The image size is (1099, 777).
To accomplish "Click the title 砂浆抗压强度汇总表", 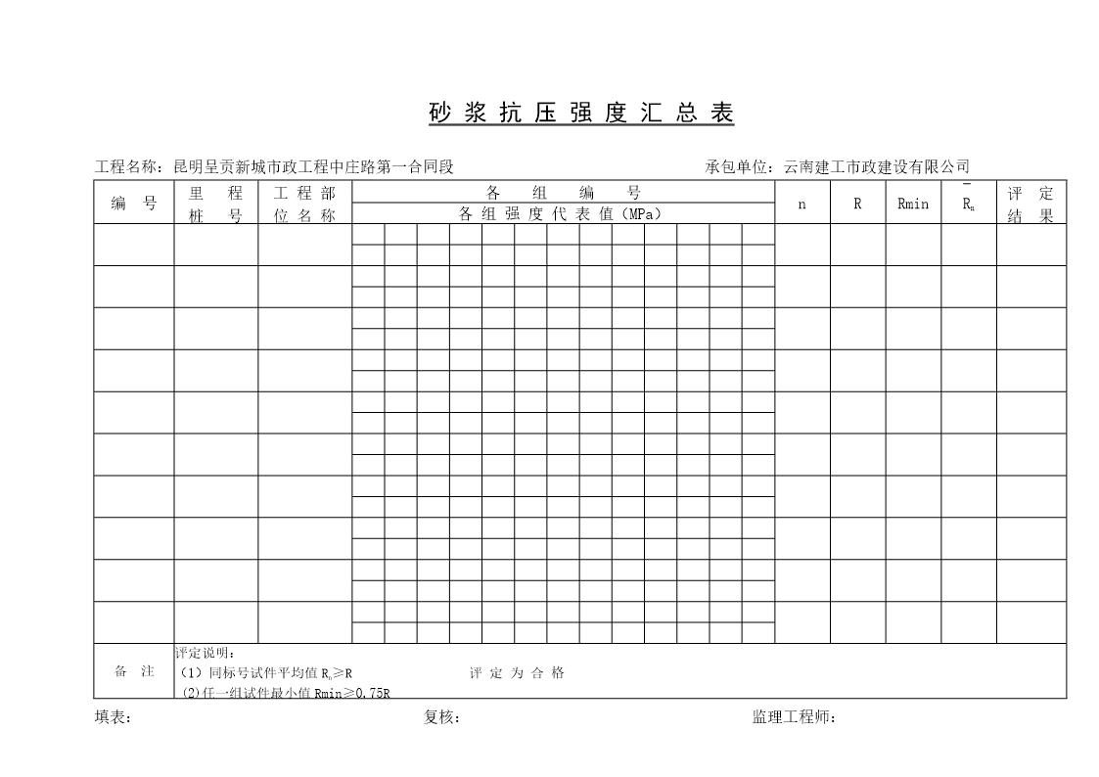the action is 581,114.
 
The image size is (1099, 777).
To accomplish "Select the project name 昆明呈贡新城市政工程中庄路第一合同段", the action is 313,167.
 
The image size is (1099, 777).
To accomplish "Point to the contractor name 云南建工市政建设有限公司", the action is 876,167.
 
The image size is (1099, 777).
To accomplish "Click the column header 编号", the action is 134,204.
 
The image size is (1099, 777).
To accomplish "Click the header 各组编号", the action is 563,193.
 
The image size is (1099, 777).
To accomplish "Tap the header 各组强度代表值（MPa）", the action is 563,214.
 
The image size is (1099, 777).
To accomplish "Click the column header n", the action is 801,204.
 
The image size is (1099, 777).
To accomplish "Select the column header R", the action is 857,204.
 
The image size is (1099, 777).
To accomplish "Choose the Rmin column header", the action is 912,204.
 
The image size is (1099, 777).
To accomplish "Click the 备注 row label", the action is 134,672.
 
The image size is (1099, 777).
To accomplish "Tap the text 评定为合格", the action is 517,673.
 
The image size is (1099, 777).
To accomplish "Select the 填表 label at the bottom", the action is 113,717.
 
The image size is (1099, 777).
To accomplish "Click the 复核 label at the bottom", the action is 441,717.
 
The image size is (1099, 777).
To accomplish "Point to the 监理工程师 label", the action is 794,717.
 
